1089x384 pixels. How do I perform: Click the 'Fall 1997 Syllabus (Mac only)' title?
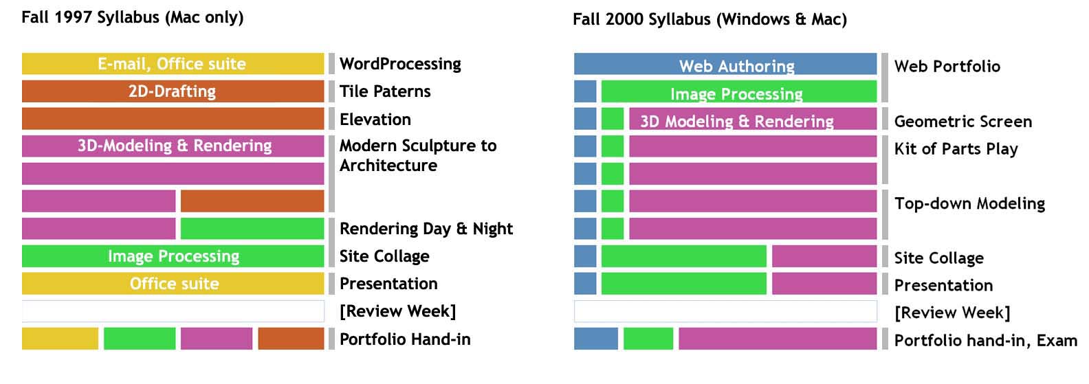[x=132, y=17]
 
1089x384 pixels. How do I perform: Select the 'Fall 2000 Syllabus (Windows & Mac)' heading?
[x=709, y=19]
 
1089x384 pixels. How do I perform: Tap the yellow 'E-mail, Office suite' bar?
[x=173, y=64]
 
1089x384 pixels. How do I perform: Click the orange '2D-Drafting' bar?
[x=173, y=91]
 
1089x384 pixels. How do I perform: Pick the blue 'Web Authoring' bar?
[x=725, y=64]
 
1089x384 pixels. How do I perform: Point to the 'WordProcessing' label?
[x=400, y=64]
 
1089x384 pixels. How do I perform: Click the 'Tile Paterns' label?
[x=385, y=91]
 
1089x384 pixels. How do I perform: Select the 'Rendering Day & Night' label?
[x=426, y=229]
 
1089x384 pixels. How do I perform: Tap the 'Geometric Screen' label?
[x=963, y=122]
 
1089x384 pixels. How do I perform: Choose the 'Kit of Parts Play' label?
[x=956, y=149]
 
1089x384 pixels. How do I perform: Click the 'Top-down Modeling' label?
[x=969, y=203]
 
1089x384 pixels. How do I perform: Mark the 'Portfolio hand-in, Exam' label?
[x=985, y=340]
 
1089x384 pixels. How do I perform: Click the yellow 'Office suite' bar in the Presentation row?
[x=173, y=284]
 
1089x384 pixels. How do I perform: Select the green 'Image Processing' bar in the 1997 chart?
[x=173, y=256]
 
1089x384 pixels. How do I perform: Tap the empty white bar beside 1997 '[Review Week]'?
[x=173, y=311]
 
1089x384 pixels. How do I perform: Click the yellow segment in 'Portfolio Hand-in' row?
[x=60, y=339]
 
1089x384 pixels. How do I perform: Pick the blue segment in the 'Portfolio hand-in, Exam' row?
[x=596, y=339]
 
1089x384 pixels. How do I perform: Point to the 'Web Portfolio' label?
[x=947, y=67]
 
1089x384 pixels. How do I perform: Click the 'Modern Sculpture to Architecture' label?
[x=418, y=155]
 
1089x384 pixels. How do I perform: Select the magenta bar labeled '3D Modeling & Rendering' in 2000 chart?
[x=753, y=119]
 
